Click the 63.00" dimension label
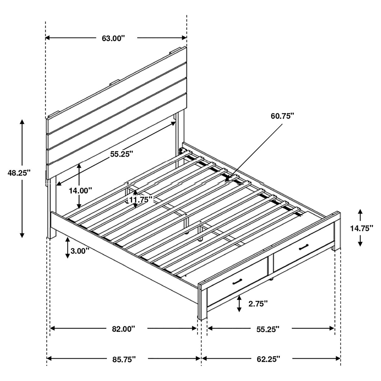coord(113,38)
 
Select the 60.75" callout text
coord(282,116)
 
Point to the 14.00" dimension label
coord(81,190)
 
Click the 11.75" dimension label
coord(141,199)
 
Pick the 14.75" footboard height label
coord(362,228)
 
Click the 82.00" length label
coord(123,329)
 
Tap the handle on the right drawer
coord(303,247)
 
